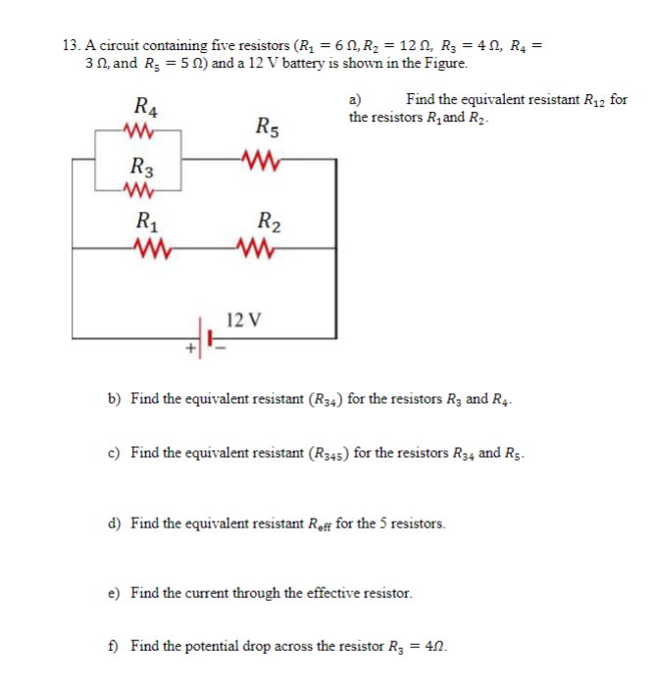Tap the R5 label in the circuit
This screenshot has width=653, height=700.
click(x=266, y=125)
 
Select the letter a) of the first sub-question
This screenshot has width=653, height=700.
click(x=356, y=99)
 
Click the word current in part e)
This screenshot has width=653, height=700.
click(x=213, y=593)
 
